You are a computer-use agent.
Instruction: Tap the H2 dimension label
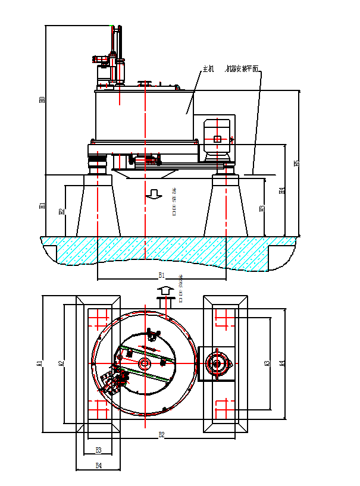coord(61,211)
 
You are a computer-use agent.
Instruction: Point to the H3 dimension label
coord(262,209)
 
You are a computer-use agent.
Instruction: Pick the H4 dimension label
coord(282,191)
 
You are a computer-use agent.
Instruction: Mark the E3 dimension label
coord(99,450)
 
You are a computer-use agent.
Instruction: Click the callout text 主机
coord(208,69)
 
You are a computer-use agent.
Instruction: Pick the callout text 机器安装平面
coord(242,69)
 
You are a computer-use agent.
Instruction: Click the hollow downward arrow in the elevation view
coord(155,193)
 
